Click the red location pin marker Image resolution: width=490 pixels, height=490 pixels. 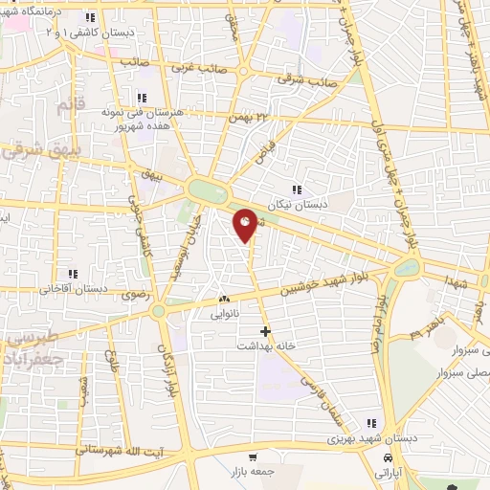tap(246, 225)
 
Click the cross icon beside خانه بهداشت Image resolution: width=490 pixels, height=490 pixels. tap(265, 331)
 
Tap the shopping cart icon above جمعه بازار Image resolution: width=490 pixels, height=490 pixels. tap(253, 457)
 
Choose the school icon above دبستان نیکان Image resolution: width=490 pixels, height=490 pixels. tap(297, 189)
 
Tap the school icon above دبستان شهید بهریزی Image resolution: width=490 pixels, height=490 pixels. tap(370, 423)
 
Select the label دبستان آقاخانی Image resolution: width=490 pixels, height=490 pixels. tap(72, 289)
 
